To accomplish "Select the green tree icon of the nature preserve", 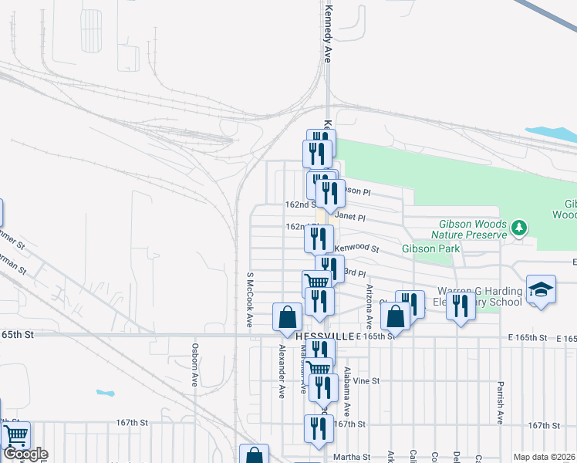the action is [x=521, y=227].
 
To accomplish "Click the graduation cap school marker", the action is [x=542, y=289].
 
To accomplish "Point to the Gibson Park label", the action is [x=430, y=248].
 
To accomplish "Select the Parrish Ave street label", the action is [x=501, y=401].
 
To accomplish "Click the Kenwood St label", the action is [x=357, y=248].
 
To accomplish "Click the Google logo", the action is [x=25, y=454].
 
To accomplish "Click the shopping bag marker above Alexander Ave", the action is [x=287, y=317].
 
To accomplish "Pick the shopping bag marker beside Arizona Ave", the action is [x=395, y=316].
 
